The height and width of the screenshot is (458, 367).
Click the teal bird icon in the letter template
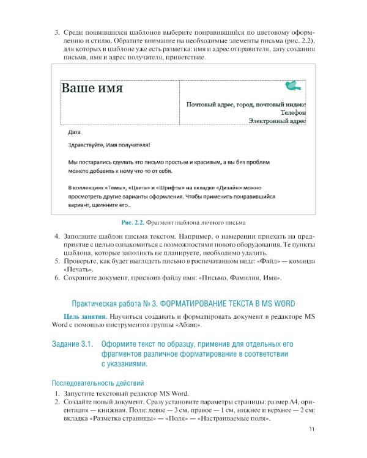point(294,85)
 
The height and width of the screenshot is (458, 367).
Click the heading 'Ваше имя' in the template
point(92,89)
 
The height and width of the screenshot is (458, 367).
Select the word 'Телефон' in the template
point(293,112)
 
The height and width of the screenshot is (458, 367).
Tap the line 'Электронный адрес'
point(276,121)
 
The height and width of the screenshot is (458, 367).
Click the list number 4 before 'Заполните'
point(56,236)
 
